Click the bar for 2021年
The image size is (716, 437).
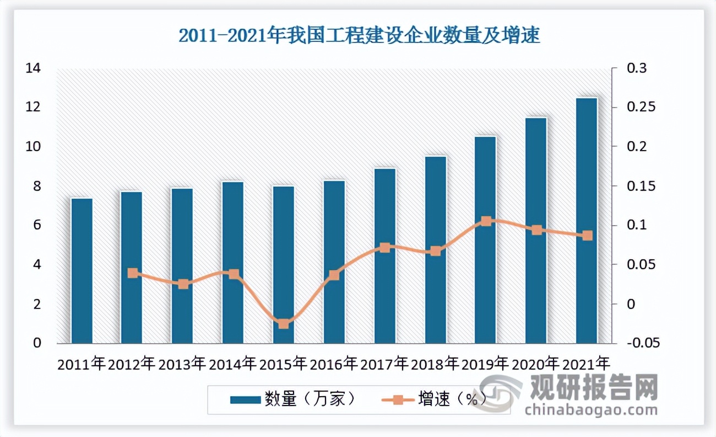pyautogui.click(x=587, y=221)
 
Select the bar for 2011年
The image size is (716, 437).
pyautogui.click(x=82, y=271)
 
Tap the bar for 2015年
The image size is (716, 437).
pyautogui.click(x=284, y=265)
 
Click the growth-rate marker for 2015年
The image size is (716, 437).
pyautogui.click(x=284, y=323)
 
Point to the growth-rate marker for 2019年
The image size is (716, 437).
pyautogui.click(x=486, y=221)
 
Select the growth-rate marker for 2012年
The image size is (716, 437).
pyautogui.click(x=133, y=273)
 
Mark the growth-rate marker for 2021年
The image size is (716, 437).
pyautogui.click(x=587, y=236)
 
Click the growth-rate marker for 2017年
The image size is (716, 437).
pyautogui.click(x=385, y=248)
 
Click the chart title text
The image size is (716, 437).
pyautogui.click(x=359, y=36)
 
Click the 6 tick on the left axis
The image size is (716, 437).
pyautogui.click(x=37, y=225)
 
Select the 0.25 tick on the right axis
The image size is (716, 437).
pyautogui.click(x=641, y=107)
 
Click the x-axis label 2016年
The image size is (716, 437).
pyautogui.click(x=334, y=364)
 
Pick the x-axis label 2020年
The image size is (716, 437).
pyautogui.click(x=536, y=364)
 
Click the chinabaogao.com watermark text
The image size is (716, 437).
pyautogui.click(x=591, y=410)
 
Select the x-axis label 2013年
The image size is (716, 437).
pyautogui.click(x=182, y=364)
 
